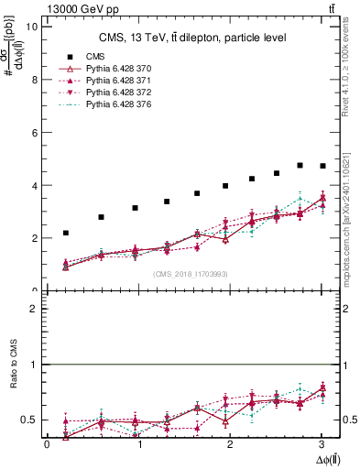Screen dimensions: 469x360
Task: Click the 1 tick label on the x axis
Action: (139, 444)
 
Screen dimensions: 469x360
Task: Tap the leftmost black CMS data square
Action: (66, 233)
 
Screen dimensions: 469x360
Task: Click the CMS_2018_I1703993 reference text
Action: (189, 274)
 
